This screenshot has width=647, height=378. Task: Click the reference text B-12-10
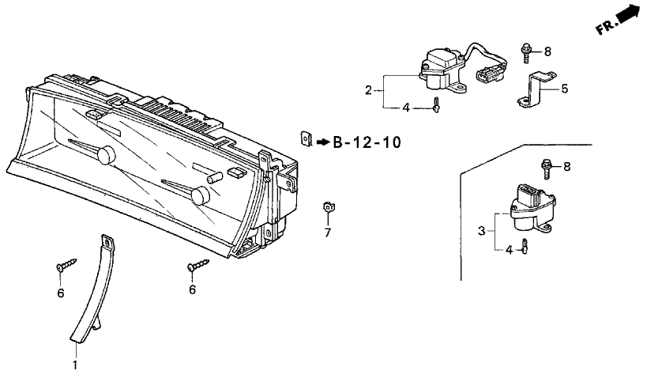[x=367, y=142]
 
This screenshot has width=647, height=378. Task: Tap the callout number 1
[x=75, y=365]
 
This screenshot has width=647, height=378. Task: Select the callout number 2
[x=368, y=90]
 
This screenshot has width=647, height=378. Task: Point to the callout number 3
[x=482, y=231]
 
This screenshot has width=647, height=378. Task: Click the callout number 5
[x=565, y=89]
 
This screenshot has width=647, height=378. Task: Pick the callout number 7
[x=328, y=233]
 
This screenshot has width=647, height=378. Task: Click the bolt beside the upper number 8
[x=526, y=52]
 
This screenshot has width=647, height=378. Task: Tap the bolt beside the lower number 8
[x=546, y=168]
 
